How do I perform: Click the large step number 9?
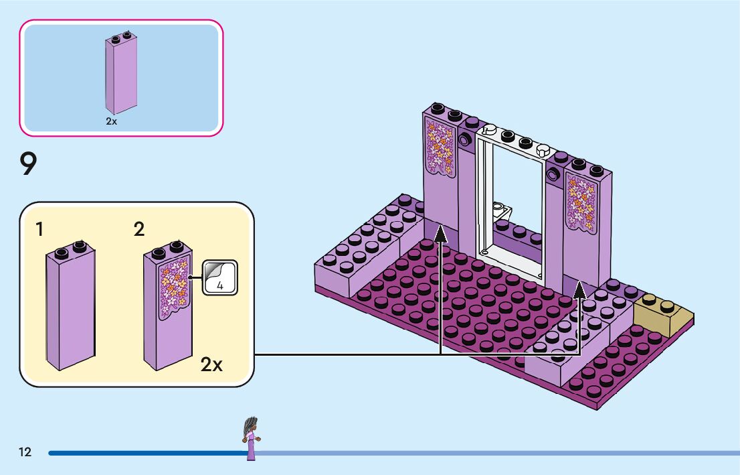28,163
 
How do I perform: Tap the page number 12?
25,452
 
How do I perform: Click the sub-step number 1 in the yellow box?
39,229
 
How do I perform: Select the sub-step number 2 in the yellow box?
138,229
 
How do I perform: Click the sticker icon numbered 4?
220,277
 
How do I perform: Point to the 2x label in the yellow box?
211,364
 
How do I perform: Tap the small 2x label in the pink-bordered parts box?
111,121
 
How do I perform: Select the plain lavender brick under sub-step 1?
71,306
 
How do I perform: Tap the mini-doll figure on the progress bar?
251,438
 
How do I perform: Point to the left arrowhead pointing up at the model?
440,234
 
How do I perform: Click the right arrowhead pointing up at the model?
580,289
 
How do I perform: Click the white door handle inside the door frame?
502,208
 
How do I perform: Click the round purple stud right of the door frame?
553,176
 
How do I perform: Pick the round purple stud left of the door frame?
464,139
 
